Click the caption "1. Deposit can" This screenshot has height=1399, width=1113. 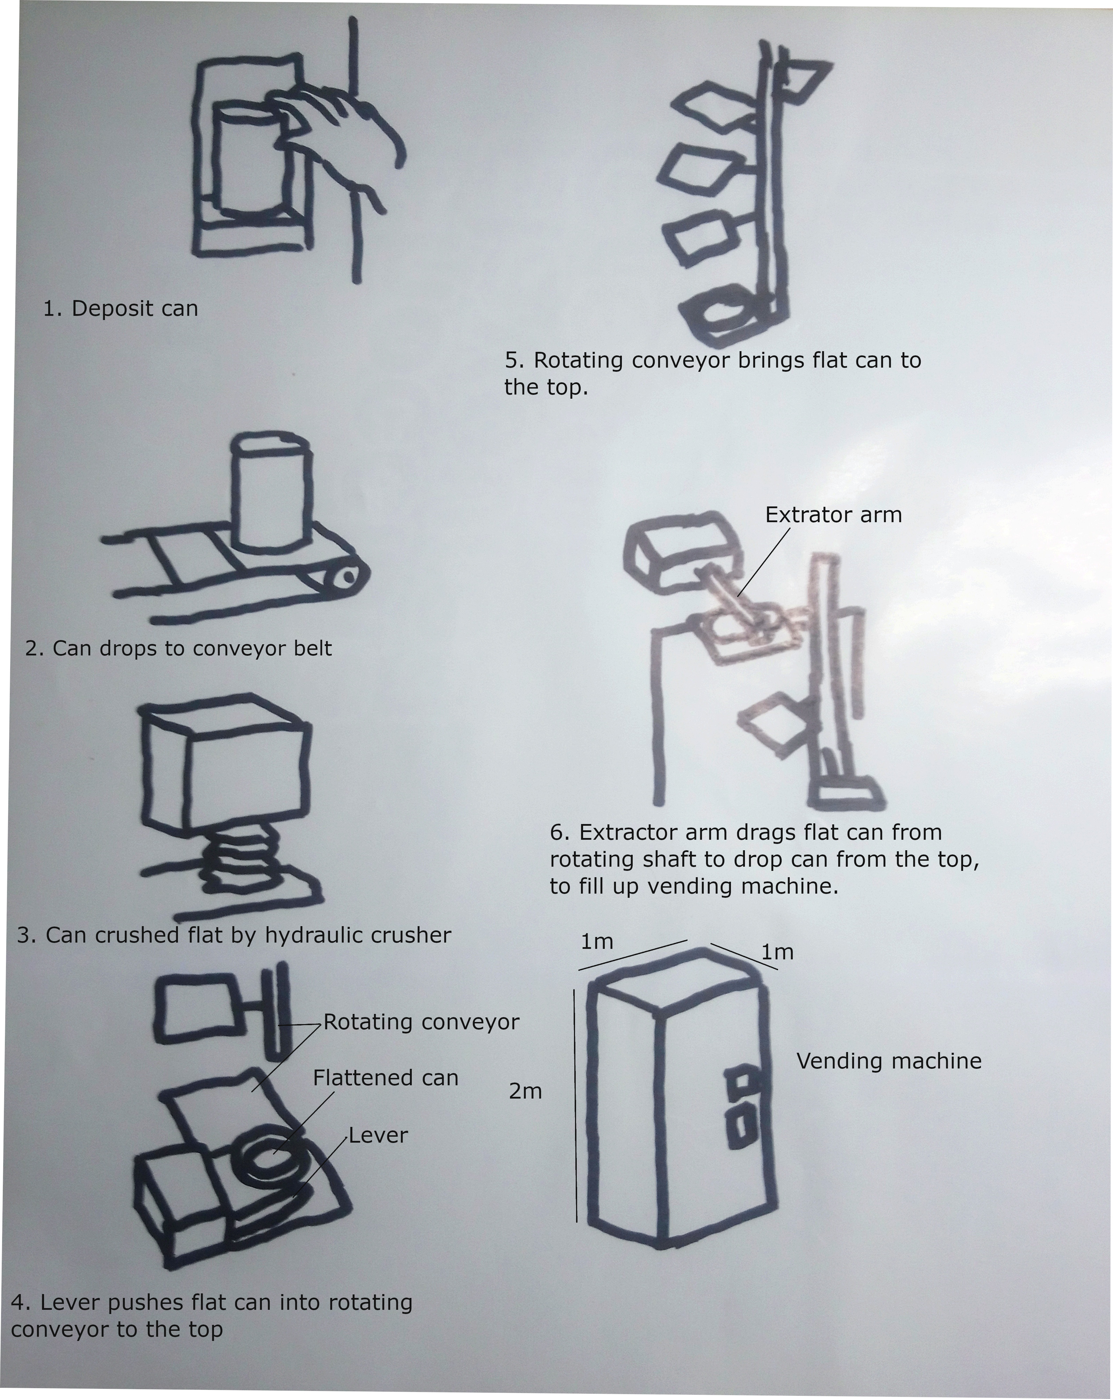121,309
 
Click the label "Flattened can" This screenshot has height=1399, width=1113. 385,1078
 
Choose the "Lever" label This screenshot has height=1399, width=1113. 378,1136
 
